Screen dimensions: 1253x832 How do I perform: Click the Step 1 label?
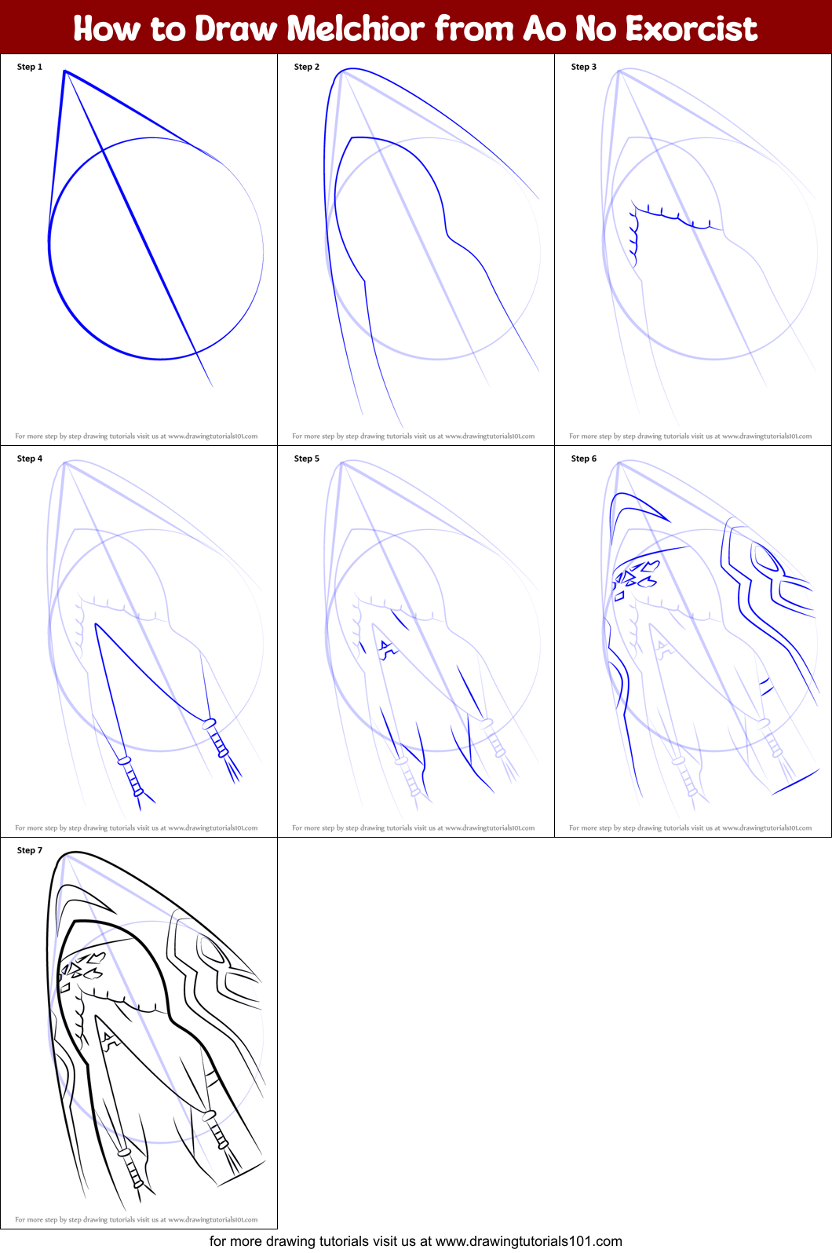point(30,67)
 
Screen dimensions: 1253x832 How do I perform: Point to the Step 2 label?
point(307,67)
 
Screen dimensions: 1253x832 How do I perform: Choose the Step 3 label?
point(584,67)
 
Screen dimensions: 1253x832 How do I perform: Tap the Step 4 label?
point(30,458)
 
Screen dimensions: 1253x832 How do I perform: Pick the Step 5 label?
point(307,458)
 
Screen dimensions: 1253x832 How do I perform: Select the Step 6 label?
point(584,458)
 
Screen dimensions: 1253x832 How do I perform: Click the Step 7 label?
point(30,850)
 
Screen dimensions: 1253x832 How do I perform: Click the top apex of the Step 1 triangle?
point(65,71)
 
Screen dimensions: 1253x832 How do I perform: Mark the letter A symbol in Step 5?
point(386,648)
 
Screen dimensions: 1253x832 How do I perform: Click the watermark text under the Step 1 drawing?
point(137,437)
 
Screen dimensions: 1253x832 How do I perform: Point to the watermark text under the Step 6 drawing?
point(691,828)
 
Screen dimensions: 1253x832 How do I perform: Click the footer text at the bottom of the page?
point(416,1241)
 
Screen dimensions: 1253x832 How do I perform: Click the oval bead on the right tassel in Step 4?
point(210,723)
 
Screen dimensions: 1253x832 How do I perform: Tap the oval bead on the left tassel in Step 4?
point(123,761)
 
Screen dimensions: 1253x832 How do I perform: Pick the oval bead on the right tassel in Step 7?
point(210,1115)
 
